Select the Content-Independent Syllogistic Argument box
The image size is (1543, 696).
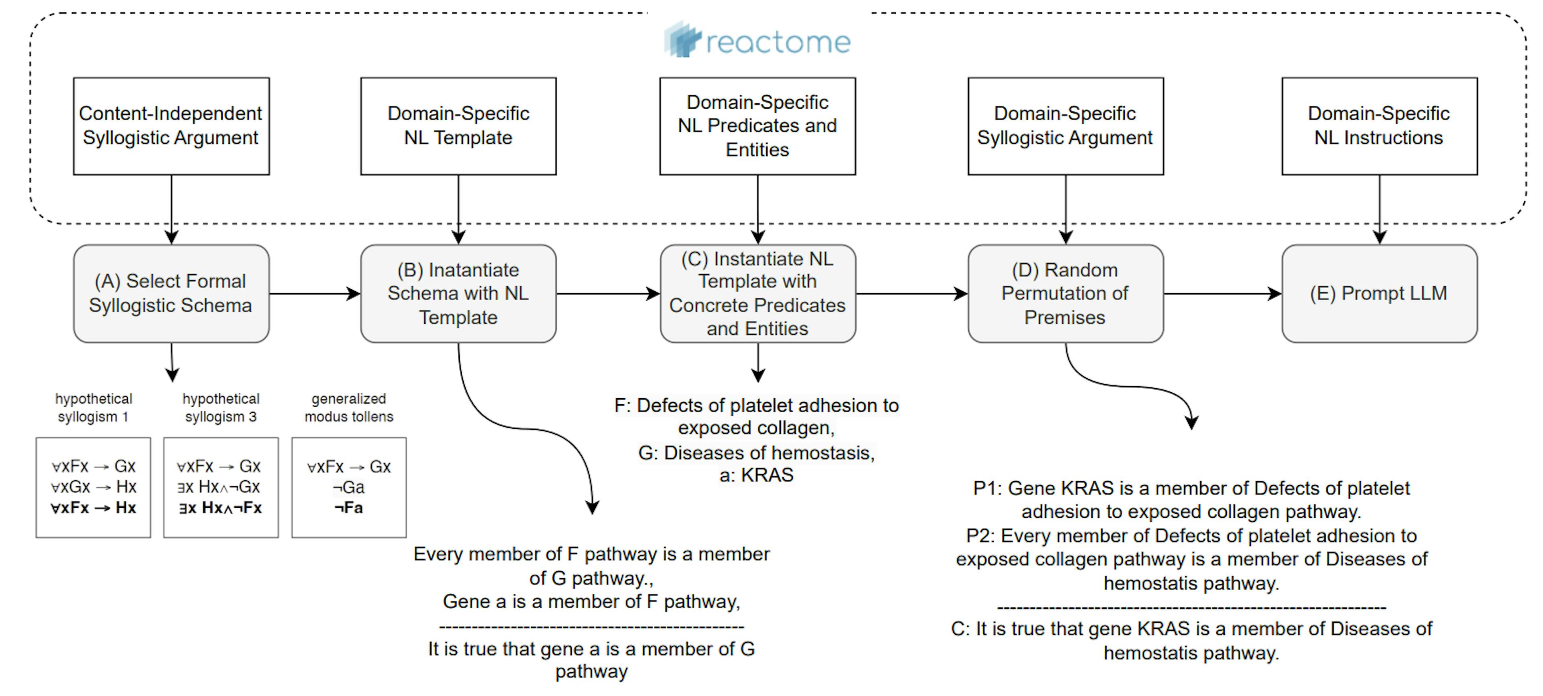(x=171, y=126)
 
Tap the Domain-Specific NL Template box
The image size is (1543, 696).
(x=458, y=126)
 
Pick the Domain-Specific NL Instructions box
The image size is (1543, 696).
(x=1379, y=126)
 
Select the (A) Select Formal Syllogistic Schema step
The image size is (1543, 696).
(x=171, y=293)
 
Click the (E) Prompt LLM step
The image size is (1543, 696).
(x=1379, y=293)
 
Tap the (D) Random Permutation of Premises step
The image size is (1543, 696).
(x=1065, y=293)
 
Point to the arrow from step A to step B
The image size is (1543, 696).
(x=315, y=294)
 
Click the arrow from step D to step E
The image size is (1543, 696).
(x=1222, y=294)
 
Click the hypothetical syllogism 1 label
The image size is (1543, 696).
(x=94, y=408)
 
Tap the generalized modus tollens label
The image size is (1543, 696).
(x=349, y=408)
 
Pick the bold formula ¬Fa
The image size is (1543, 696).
(x=349, y=508)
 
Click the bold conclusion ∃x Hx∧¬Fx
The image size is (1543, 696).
(x=221, y=508)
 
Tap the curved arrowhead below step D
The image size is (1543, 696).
(x=1192, y=423)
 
